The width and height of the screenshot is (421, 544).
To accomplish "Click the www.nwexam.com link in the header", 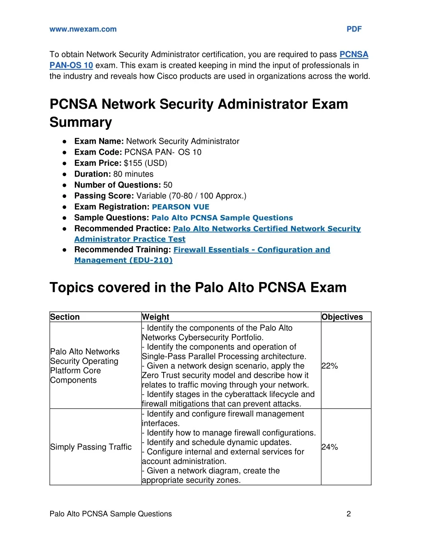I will (x=83, y=29).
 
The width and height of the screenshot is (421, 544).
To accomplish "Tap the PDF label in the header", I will (x=354, y=29).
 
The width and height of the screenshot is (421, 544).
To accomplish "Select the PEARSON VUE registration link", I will (x=180, y=207).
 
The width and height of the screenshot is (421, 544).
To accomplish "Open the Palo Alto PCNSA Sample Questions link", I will (x=222, y=218).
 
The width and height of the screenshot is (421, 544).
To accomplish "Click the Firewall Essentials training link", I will (x=252, y=250).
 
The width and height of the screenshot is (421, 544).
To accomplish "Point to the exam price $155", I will (x=133, y=163).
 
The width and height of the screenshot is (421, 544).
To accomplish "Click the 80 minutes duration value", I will (x=133, y=174).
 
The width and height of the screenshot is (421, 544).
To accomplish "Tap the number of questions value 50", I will (x=168, y=185).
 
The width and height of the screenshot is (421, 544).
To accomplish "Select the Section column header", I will (x=65, y=317).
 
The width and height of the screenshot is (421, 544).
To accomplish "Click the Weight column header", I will (x=155, y=317).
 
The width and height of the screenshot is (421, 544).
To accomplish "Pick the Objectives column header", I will (x=342, y=317).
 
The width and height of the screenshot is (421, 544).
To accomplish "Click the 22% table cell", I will (x=330, y=366).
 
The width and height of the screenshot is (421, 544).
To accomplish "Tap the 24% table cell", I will (x=330, y=447).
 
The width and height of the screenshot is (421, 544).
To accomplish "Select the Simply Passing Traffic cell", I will (x=91, y=447).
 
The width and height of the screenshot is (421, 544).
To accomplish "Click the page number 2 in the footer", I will (x=349, y=514).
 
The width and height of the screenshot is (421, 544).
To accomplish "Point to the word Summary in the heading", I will (x=81, y=122).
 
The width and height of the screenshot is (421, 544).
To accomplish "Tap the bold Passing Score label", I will (x=104, y=196).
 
